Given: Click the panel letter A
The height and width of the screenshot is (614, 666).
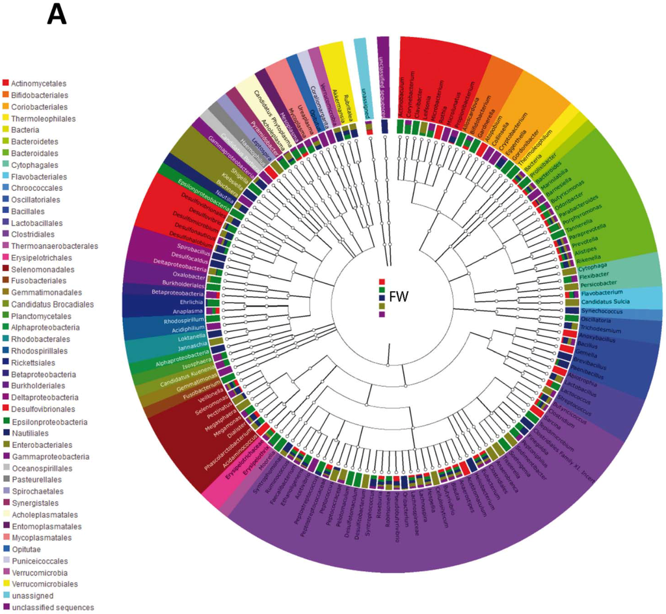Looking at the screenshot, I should tap(59, 14).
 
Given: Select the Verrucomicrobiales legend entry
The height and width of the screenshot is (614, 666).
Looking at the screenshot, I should tap(46, 583).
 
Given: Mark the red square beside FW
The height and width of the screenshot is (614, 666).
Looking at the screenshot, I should tap(382, 281).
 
